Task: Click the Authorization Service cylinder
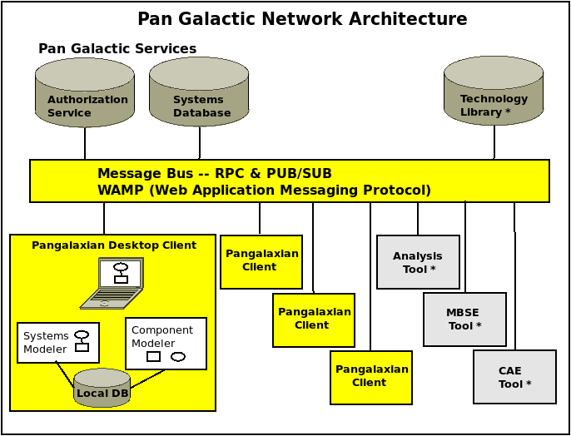coord(85,93)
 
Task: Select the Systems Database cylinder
coord(199,92)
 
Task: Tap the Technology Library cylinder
coord(494,91)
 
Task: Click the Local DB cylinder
coord(102,387)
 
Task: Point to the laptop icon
coord(112,283)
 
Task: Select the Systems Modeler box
coord(58,343)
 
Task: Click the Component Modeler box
coord(166,344)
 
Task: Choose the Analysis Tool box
coord(418,262)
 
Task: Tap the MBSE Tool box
coord(464,320)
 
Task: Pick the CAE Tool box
coord(515,377)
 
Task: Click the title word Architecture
coord(408,19)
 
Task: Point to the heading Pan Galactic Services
coord(117,48)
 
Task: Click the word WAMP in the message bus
coord(121,190)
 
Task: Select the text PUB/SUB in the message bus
coord(300,174)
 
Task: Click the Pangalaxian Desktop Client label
coord(114,245)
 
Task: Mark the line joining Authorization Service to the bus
coord(85,143)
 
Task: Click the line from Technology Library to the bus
coord(494,142)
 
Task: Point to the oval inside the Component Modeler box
coord(178,357)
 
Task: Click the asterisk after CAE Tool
coord(529,384)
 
